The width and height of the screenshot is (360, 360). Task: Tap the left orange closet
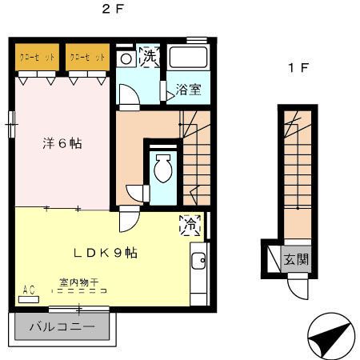pyautogui.click(x=38, y=58)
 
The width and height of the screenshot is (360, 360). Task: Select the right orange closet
pyautogui.click(x=86, y=58)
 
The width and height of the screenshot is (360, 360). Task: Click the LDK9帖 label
pyautogui.click(x=105, y=253)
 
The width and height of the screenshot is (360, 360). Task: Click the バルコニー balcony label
pyautogui.click(x=62, y=326)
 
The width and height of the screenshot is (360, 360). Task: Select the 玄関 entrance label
pyautogui.click(x=297, y=260)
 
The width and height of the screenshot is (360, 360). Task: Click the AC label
pyautogui.click(x=30, y=290)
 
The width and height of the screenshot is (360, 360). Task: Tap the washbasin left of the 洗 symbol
pyautogui.click(x=125, y=59)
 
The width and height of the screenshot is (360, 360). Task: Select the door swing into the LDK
pyautogui.click(x=129, y=219)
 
